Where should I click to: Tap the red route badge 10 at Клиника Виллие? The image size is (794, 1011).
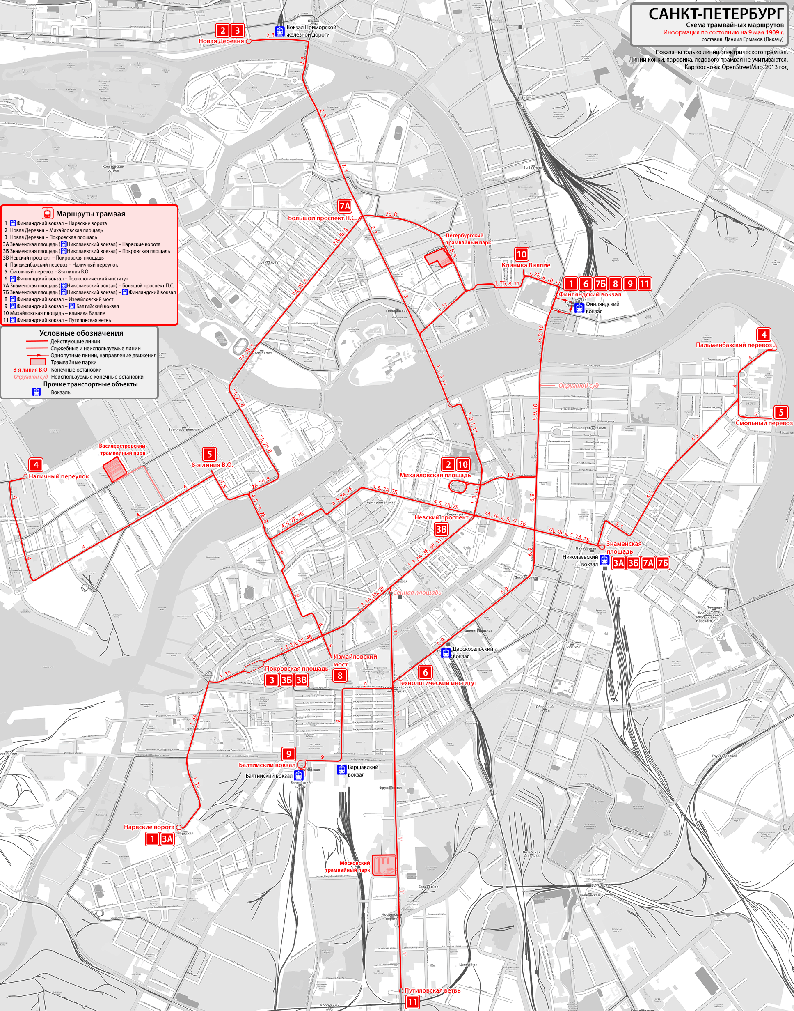point(522,254)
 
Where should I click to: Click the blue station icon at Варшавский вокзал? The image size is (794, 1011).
point(342,770)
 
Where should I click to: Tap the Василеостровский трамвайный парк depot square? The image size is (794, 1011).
point(114,469)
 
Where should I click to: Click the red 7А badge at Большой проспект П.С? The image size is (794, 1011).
point(344,207)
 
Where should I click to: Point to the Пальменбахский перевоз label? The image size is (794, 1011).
point(734,345)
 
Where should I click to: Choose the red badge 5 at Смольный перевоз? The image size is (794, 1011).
point(781,412)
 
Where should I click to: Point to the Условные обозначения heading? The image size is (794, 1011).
point(81,333)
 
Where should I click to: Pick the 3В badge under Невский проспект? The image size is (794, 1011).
point(441,529)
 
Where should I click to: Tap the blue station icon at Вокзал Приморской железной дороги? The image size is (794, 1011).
point(279,31)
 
